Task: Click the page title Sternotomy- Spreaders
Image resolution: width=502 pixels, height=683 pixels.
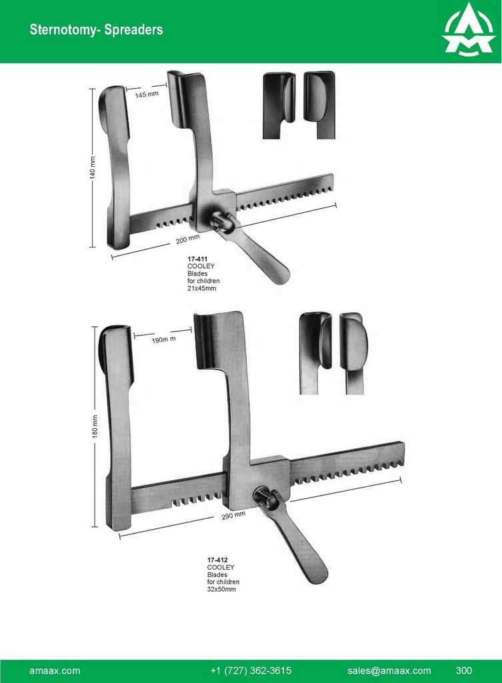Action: (96, 29)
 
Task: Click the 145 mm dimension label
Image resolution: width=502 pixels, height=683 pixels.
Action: (147, 94)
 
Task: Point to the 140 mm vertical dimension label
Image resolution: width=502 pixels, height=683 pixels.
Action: (93, 167)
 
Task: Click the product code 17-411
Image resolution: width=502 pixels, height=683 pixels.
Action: (197, 259)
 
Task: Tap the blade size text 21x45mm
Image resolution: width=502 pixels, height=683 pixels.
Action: (201, 288)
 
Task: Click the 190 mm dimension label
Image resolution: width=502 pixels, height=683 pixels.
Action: (164, 339)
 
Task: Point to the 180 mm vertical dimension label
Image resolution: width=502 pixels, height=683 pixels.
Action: (95, 426)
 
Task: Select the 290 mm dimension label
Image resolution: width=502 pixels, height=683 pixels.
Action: (233, 516)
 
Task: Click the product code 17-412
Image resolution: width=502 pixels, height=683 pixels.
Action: (217, 560)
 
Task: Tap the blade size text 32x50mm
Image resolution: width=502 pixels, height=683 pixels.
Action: (221, 590)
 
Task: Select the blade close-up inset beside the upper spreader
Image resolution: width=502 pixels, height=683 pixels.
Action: (299, 105)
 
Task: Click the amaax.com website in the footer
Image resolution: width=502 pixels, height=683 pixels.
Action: (55, 670)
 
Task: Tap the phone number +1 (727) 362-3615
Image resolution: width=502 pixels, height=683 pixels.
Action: (251, 670)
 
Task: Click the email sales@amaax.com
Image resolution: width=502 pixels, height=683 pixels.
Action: (389, 670)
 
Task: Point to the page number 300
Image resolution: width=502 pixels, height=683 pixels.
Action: (464, 670)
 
